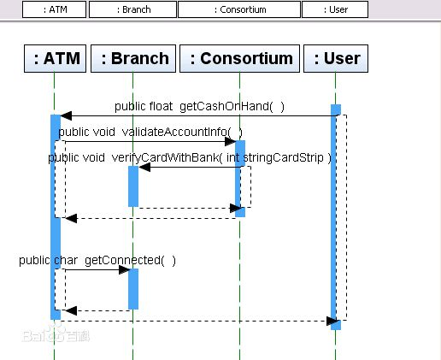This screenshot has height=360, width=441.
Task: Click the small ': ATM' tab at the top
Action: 54,9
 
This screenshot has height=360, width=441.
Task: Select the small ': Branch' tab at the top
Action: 132,9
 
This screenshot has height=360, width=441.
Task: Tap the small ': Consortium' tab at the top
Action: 239,9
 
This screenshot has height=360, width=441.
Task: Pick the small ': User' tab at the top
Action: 335,9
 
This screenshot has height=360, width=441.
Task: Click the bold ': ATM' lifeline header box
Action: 55,58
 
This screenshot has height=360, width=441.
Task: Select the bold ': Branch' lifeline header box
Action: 133,58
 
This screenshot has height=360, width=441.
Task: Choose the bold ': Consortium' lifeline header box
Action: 239,58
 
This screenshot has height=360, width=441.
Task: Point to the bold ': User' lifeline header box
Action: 336,58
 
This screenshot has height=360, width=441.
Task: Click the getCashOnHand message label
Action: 199,106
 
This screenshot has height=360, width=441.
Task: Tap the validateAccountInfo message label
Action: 150,132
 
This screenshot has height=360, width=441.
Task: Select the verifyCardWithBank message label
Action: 190,157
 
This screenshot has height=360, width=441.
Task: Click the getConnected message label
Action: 97,260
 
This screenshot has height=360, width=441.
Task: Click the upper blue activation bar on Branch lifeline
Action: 133,186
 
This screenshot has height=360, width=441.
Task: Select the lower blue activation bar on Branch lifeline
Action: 133,289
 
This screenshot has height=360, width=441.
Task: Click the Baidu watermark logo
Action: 56,334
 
